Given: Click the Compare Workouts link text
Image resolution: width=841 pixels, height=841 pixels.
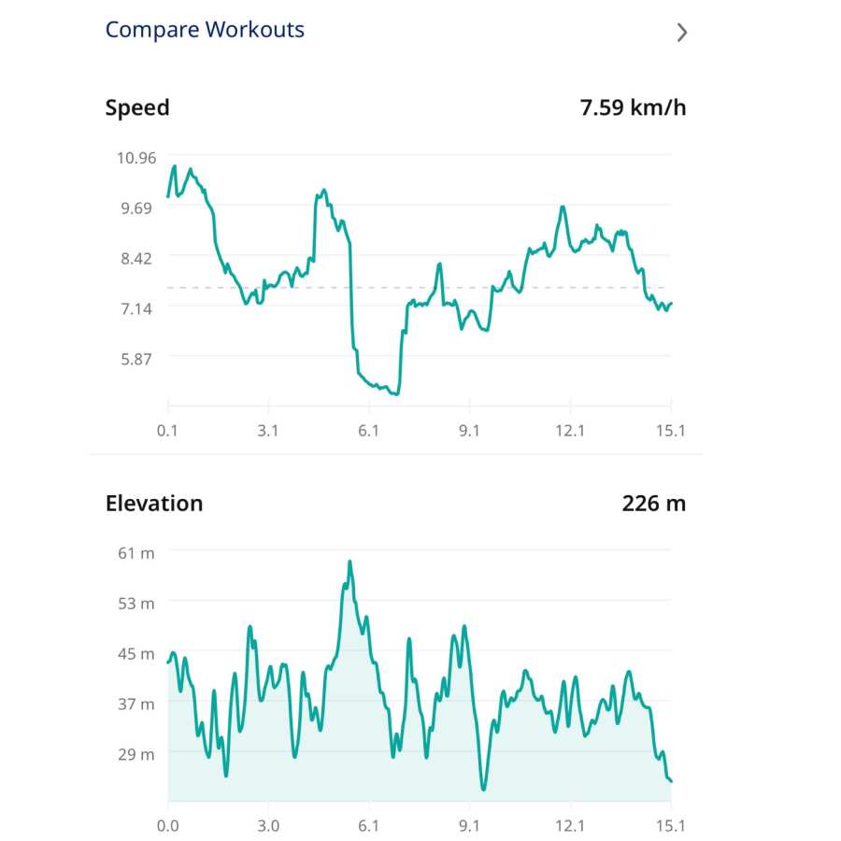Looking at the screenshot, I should (x=205, y=30).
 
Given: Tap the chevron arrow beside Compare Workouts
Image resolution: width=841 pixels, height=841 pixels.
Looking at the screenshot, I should (x=682, y=33).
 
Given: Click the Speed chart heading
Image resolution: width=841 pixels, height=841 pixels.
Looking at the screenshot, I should (x=137, y=107).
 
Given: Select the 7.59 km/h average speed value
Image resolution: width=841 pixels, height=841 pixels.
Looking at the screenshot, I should (x=633, y=107).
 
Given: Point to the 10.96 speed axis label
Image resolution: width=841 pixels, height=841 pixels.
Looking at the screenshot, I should (x=136, y=157).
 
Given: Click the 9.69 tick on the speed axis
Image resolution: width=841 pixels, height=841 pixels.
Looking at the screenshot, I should (x=136, y=207).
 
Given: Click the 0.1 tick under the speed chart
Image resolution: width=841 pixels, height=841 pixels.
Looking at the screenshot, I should (x=168, y=431).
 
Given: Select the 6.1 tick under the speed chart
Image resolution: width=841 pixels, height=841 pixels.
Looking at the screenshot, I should (x=369, y=431).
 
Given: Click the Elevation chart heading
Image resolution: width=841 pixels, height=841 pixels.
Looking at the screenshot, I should (x=154, y=504).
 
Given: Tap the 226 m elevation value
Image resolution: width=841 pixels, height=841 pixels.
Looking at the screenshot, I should (x=653, y=504).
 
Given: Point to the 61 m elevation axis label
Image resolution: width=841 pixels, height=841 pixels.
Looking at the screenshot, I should (x=136, y=553).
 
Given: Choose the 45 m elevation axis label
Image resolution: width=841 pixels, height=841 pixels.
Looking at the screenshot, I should (x=136, y=654).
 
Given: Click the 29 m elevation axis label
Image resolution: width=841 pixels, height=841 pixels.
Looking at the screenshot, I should (x=136, y=754).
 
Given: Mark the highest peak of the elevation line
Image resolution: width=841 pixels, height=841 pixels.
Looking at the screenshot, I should (x=349, y=562).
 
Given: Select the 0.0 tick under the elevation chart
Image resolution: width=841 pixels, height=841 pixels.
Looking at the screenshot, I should (x=168, y=826).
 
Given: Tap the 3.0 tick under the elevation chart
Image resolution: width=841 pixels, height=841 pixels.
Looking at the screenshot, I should (x=268, y=826).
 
